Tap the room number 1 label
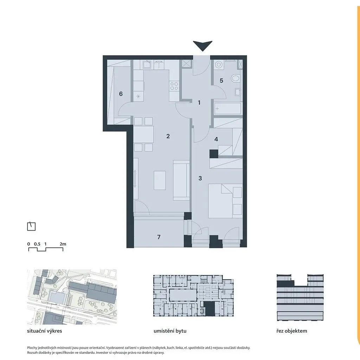tap(199, 103)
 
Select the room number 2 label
tap(168, 136)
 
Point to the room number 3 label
tap(200, 178)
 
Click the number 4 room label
tap(216, 139)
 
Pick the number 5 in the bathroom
tap(221, 81)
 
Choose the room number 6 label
tap(121, 94)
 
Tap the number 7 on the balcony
tap(159, 237)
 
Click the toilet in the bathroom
tap(235, 78)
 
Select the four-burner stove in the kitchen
tap(174, 86)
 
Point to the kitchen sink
tap(146, 65)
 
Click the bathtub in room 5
tap(227, 109)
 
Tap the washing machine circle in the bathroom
tap(218, 65)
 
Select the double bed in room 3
tap(225, 201)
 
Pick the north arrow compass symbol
tap(31, 226)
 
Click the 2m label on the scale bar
tap(63, 244)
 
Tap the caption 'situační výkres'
tap(45, 331)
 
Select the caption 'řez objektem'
tap(291, 331)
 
